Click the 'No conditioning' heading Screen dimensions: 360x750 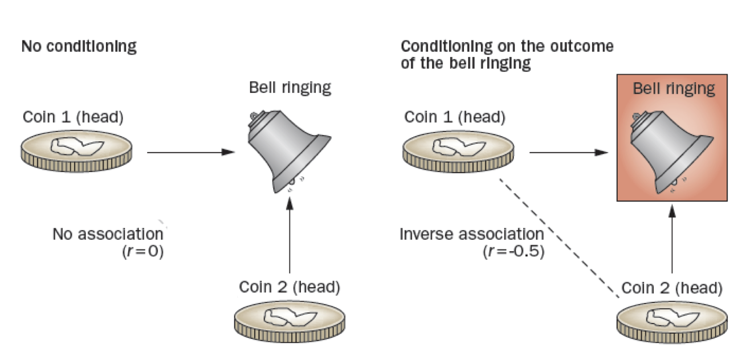pos(79,47)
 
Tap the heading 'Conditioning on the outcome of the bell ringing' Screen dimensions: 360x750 pos(507,55)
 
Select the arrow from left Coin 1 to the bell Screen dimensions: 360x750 pos(190,152)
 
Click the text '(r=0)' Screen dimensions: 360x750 pos(143,251)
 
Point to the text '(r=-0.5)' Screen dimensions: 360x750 pos(513,251)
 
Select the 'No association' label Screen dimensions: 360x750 pos(108,234)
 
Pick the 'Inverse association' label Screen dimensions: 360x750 pos(471,234)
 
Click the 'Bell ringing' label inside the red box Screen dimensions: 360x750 pos(674,89)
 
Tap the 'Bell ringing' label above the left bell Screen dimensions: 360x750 pos(290,88)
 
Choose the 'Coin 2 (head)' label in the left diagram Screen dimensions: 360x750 pos(290,287)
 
